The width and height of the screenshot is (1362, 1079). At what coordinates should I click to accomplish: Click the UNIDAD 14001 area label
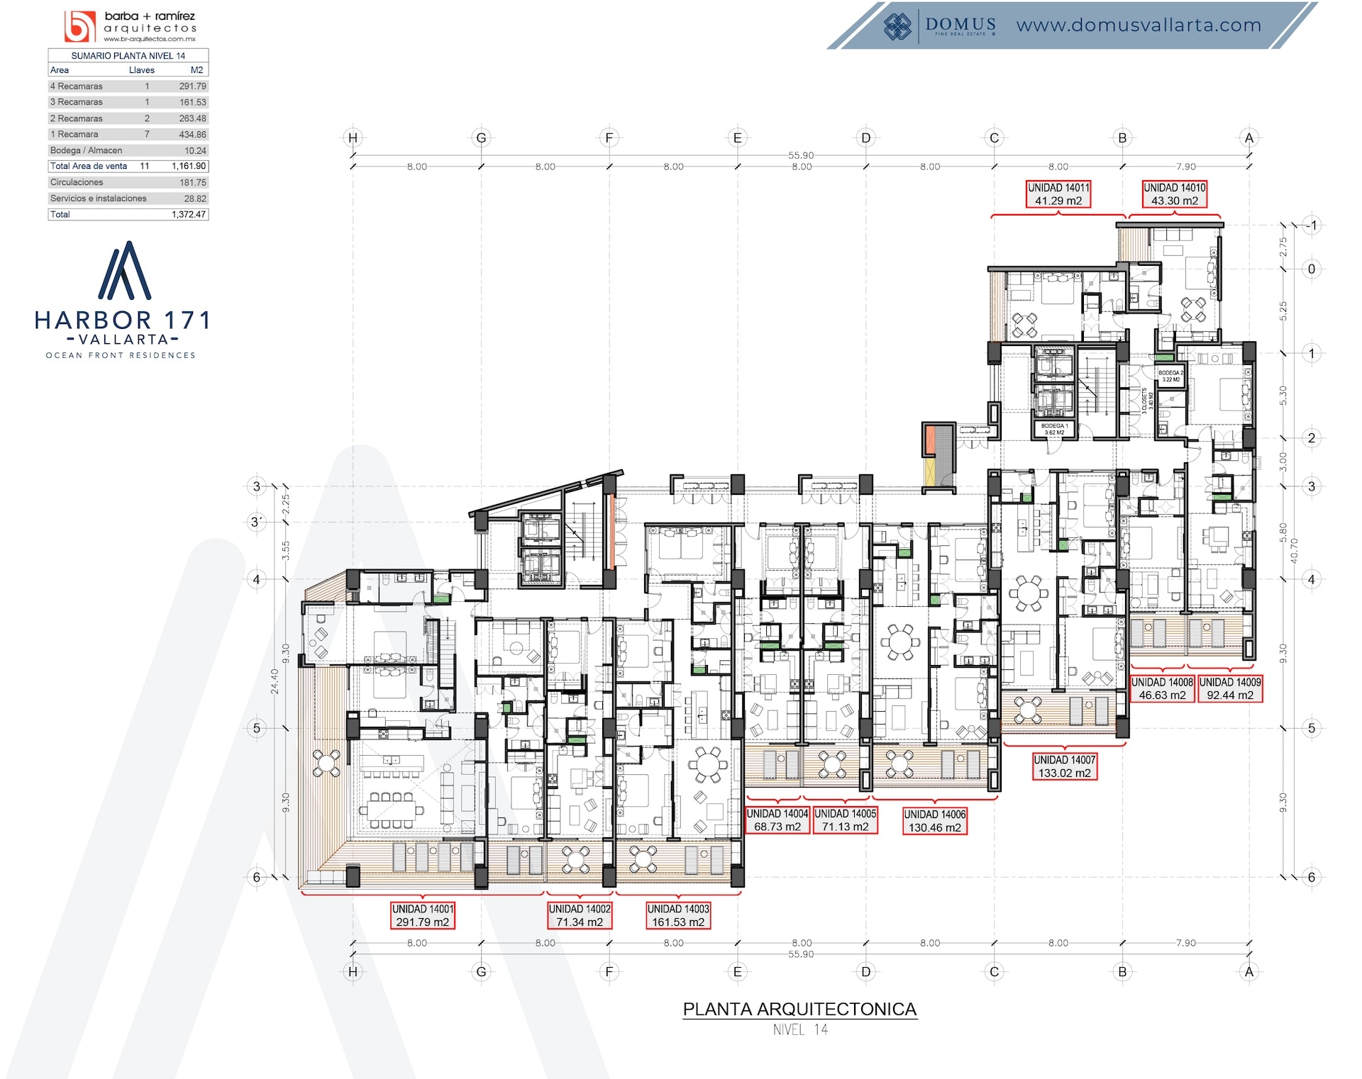tap(423, 915)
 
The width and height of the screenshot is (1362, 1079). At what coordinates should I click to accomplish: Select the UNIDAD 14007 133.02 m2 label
tap(1064, 766)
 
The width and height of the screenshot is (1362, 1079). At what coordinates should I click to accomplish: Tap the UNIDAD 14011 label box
tap(1058, 194)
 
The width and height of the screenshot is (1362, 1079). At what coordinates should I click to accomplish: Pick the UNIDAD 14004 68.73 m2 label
tap(777, 820)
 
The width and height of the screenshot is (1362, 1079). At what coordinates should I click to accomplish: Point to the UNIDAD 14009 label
tap(1230, 688)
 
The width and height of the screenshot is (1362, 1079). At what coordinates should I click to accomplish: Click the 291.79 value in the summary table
tap(192, 86)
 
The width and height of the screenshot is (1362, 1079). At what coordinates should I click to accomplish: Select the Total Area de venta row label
tap(89, 167)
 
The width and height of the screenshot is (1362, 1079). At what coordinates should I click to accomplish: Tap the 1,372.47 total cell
tap(189, 215)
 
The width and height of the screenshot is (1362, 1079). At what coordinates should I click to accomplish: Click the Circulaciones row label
tap(77, 183)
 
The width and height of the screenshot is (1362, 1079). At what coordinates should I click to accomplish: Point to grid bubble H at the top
tap(353, 138)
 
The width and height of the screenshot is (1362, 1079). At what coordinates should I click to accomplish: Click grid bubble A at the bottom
tap(1249, 972)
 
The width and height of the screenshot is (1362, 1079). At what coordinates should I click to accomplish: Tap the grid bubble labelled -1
tap(1311, 225)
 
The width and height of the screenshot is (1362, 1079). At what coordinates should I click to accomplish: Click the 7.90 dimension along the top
tap(1185, 167)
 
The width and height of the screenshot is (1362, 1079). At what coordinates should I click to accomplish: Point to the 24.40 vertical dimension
tap(275, 681)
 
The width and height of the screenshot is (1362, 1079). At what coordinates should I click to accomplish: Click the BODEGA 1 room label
tap(1054, 429)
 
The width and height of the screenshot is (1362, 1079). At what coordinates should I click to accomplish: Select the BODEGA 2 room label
tap(1170, 376)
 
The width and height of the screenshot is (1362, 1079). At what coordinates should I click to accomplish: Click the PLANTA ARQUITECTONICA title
tap(799, 1009)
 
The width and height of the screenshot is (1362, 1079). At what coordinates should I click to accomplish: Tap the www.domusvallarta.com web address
tap(1139, 26)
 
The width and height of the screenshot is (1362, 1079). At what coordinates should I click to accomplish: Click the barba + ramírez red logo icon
tap(79, 27)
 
